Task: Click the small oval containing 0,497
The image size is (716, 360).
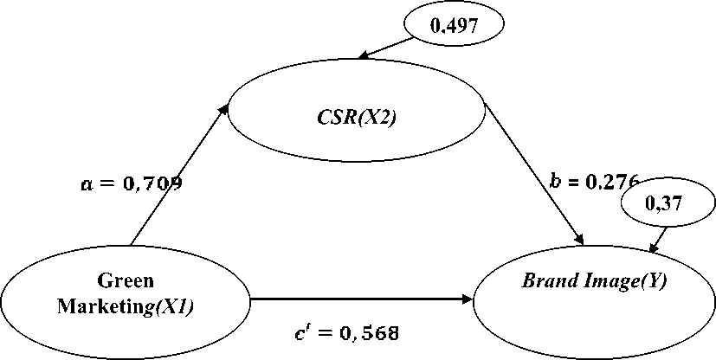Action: tap(455, 26)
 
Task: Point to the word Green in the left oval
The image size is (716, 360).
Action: tap(126, 280)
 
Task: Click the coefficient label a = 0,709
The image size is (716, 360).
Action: tap(130, 183)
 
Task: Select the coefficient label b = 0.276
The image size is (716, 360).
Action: tap(595, 181)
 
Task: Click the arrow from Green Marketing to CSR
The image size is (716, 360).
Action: tap(177, 177)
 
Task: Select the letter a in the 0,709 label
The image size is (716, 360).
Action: tap(84, 184)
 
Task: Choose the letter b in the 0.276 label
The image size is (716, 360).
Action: tap(555, 181)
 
